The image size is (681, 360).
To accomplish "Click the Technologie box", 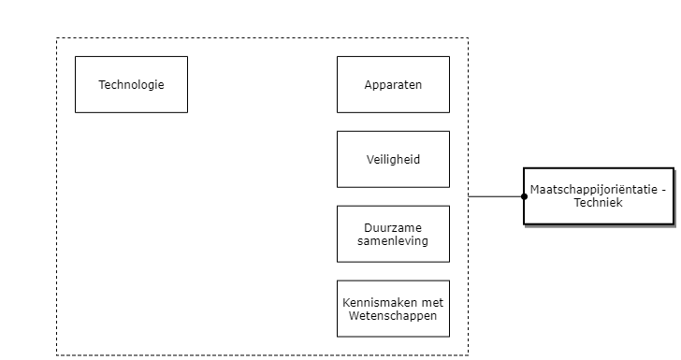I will (x=131, y=85).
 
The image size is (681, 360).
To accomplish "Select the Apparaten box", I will (x=393, y=85).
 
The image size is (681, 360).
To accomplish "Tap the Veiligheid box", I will (x=393, y=160).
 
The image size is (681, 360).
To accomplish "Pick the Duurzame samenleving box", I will (x=393, y=234).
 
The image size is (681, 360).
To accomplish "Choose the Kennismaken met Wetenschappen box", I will (x=393, y=309).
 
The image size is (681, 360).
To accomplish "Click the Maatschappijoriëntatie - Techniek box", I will (x=599, y=196).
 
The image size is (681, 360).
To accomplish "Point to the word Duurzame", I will (x=393, y=227).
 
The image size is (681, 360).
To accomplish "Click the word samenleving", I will (x=393, y=241).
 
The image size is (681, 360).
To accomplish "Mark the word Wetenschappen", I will (x=393, y=316).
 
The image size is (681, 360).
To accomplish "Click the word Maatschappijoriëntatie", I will (x=592, y=190).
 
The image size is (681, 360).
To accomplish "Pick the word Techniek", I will (x=599, y=203).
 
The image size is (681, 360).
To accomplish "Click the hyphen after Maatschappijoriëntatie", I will (x=663, y=190).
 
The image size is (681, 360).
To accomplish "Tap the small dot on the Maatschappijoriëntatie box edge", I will (x=525, y=196).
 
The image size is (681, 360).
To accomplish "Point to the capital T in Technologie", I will (x=101, y=85).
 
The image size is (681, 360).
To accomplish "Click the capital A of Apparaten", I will (x=368, y=85).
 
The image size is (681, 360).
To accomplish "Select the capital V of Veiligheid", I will (x=369, y=160).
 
